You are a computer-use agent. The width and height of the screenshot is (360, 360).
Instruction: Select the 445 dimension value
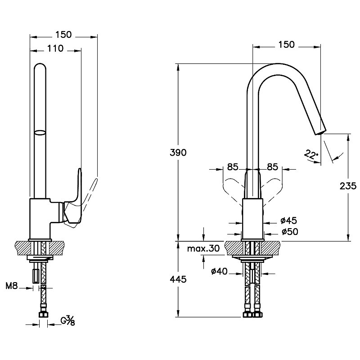click(179, 279)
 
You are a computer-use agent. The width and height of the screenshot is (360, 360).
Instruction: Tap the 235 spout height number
click(349, 185)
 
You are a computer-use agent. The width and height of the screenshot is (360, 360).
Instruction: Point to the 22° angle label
click(310, 154)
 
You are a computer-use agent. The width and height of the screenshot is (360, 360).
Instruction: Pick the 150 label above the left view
click(63, 35)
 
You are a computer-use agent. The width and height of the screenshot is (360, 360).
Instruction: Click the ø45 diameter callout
click(288, 220)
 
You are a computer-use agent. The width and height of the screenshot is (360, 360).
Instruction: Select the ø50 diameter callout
click(289, 231)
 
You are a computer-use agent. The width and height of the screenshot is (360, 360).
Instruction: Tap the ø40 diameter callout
click(219, 271)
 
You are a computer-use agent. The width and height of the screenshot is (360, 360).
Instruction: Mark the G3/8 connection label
click(67, 321)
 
